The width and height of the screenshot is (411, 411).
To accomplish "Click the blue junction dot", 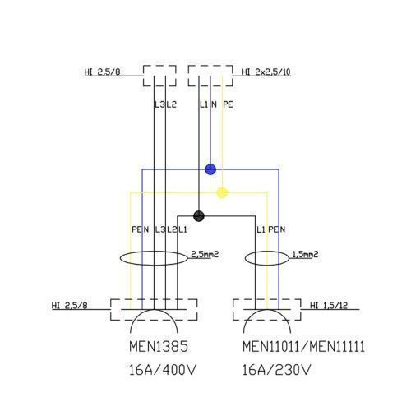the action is coord(210,169).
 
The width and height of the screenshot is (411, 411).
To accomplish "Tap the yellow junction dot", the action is coord(222,192).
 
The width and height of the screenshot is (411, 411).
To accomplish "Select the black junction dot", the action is coord(199,216).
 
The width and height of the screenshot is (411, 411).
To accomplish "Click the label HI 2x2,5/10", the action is coord(266,72).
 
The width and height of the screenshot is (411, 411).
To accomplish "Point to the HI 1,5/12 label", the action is coord(329,305).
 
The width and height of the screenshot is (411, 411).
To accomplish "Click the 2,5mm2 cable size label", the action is coord(205,254).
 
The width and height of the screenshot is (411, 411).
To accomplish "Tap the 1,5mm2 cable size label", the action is coord(305,254).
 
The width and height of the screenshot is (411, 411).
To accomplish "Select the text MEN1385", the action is coord(159,346).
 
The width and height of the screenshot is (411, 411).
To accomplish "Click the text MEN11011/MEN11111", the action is coord(303,346).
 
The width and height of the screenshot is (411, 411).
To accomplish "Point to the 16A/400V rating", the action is coord(163,370).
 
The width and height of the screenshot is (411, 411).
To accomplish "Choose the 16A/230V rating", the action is coord(277,370).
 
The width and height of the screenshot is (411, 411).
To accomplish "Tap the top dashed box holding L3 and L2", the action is coord(143,76).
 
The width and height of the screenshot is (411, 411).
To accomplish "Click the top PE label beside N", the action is coord(228,104).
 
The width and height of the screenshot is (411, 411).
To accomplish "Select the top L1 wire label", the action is coord(204,104).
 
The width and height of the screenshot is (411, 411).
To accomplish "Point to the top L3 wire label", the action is coord(159,104).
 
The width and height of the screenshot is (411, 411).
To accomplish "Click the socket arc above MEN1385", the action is coord(154,310).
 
